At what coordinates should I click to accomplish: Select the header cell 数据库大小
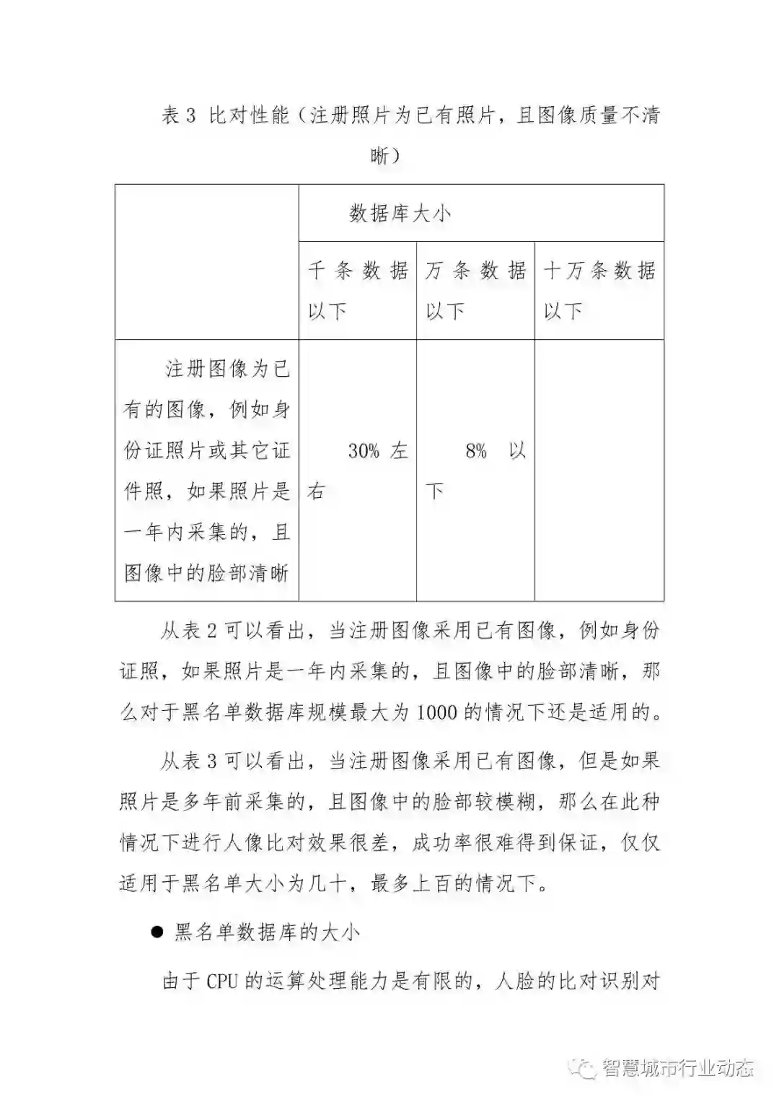(x=400, y=213)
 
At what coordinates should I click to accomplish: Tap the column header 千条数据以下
(x=358, y=290)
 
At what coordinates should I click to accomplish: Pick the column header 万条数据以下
(x=475, y=290)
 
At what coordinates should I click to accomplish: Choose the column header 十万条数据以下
(x=599, y=290)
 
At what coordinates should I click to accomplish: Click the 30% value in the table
(x=364, y=452)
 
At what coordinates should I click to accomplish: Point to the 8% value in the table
(x=477, y=452)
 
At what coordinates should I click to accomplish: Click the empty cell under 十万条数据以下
(x=599, y=470)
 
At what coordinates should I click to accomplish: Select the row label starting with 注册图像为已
(x=207, y=471)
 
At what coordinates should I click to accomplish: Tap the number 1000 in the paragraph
(x=436, y=713)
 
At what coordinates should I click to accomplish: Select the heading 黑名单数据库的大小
(x=267, y=932)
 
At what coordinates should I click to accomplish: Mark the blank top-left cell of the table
(x=207, y=261)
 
